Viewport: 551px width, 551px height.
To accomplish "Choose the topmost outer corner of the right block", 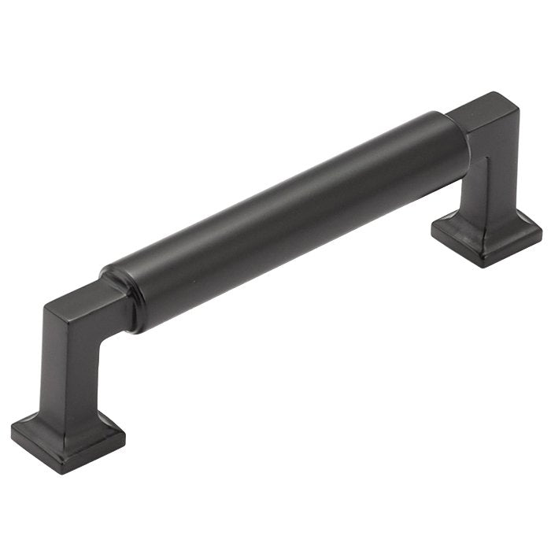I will [494, 93].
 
